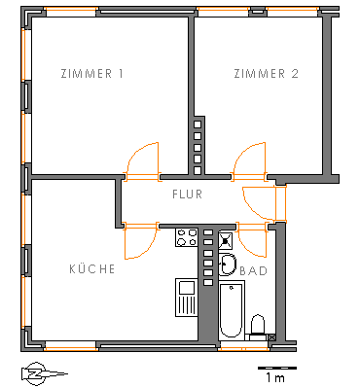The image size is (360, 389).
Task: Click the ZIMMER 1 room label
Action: [x=92, y=74]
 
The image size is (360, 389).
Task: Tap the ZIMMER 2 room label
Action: [x=266, y=74]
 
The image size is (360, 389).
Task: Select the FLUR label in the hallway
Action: [x=187, y=194]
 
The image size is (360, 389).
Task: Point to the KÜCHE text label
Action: [x=92, y=268]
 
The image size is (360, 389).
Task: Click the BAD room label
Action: [x=254, y=270]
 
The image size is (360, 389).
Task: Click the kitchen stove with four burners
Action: [x=187, y=237]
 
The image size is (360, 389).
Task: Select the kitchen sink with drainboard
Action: [x=187, y=298]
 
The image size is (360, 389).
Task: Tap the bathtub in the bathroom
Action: [x=232, y=310]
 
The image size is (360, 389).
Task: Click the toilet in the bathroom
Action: [x=258, y=326]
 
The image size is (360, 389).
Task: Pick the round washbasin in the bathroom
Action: [x=227, y=265]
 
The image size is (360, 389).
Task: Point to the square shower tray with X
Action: [x=226, y=240]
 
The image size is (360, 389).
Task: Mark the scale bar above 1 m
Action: [x=277, y=368]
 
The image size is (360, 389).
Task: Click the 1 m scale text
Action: [x=275, y=377]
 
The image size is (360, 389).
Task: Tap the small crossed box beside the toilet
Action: [x=272, y=337]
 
